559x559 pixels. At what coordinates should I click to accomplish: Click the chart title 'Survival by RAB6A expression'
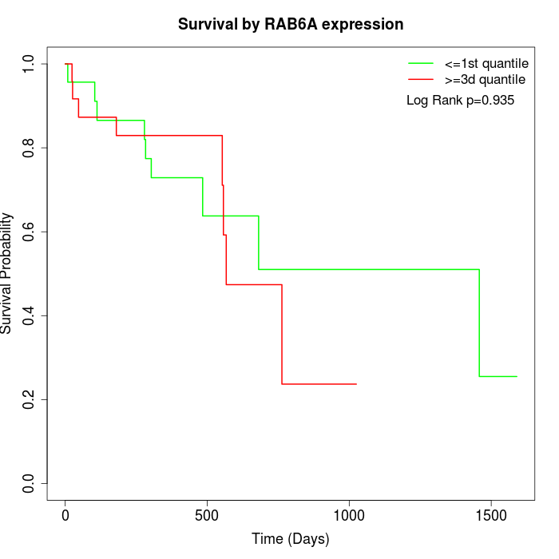[x=290, y=24]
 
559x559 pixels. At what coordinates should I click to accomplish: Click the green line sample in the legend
[x=421, y=62]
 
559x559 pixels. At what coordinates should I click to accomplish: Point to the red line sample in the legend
[x=421, y=79]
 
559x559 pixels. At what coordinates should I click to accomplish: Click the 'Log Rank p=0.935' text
[x=460, y=101]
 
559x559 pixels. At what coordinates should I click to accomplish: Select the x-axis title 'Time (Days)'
[x=290, y=539]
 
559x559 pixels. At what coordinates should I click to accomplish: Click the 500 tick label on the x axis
[x=207, y=513]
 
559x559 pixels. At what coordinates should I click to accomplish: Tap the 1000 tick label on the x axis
[x=349, y=513]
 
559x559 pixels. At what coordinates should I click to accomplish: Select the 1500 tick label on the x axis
[x=490, y=513]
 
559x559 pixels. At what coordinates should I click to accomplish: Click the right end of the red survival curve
[x=356, y=384]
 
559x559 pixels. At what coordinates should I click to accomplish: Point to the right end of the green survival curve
[x=517, y=376]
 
